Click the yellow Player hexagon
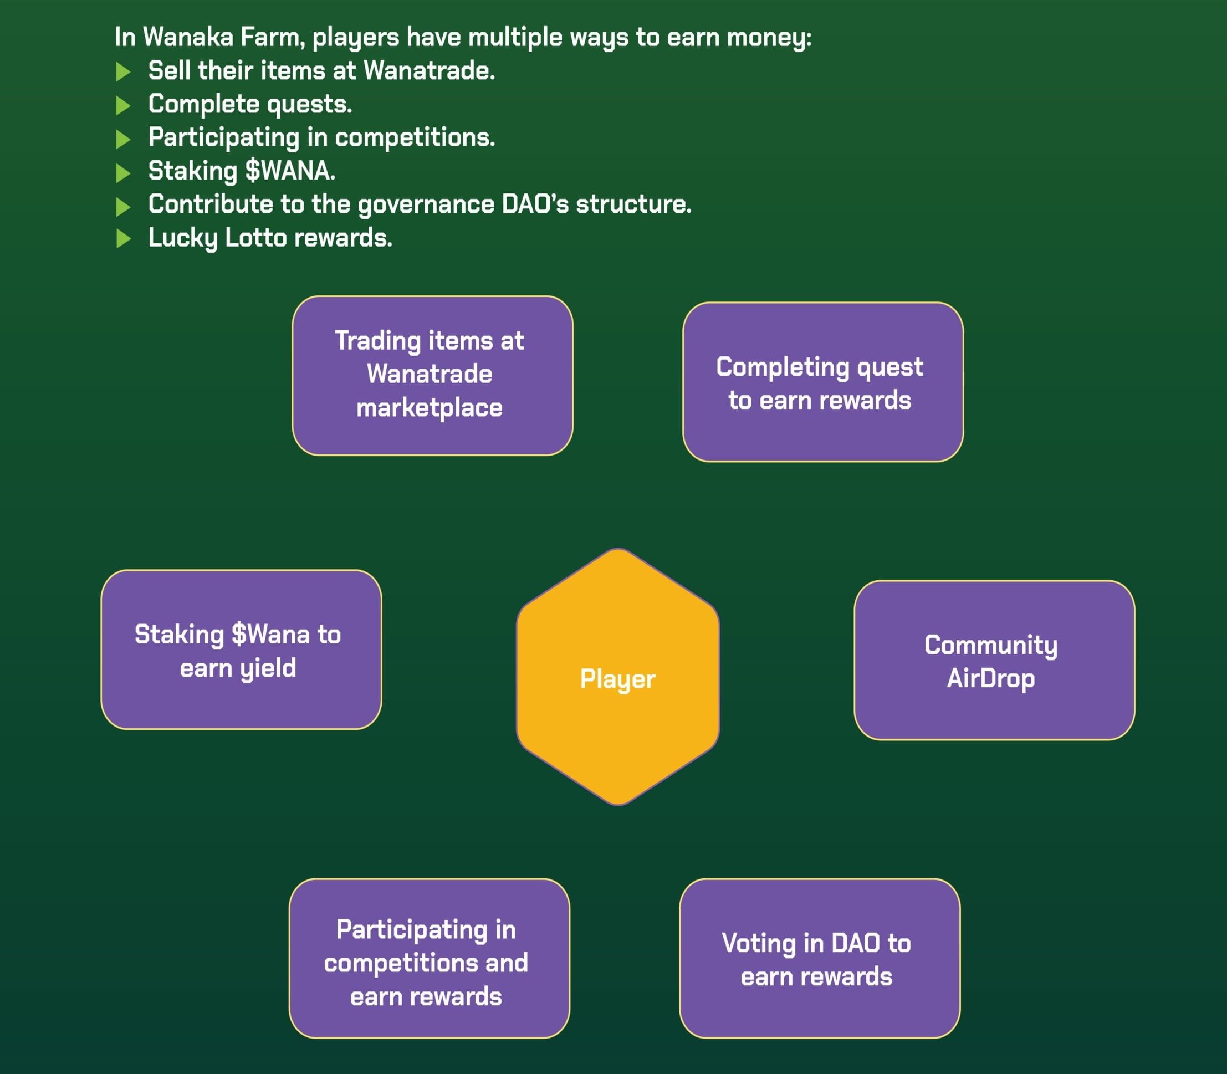tap(617, 677)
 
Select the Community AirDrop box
tap(994, 660)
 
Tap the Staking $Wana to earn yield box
tap(241, 649)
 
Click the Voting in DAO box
tap(820, 959)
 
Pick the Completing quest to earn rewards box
tap(822, 382)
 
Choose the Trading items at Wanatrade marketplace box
tap(432, 376)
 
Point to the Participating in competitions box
tap(429, 959)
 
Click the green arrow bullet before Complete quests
tap(123, 105)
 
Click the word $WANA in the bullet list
tap(289, 171)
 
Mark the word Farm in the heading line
tap(273, 38)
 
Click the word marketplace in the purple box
tap(429, 408)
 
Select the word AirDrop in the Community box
tap(990, 678)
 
